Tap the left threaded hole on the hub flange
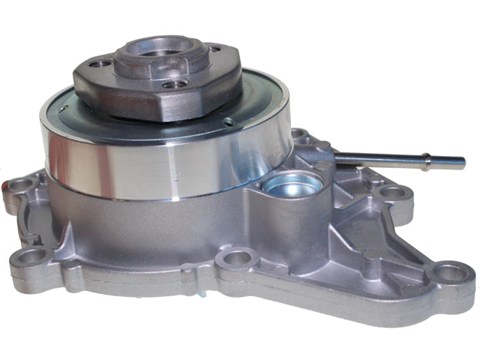[98, 64]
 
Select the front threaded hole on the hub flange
[173, 84]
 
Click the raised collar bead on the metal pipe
[429, 159]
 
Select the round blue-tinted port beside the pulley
[292, 184]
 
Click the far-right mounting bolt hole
[451, 274]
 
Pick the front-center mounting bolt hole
[237, 259]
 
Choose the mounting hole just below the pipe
[391, 193]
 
